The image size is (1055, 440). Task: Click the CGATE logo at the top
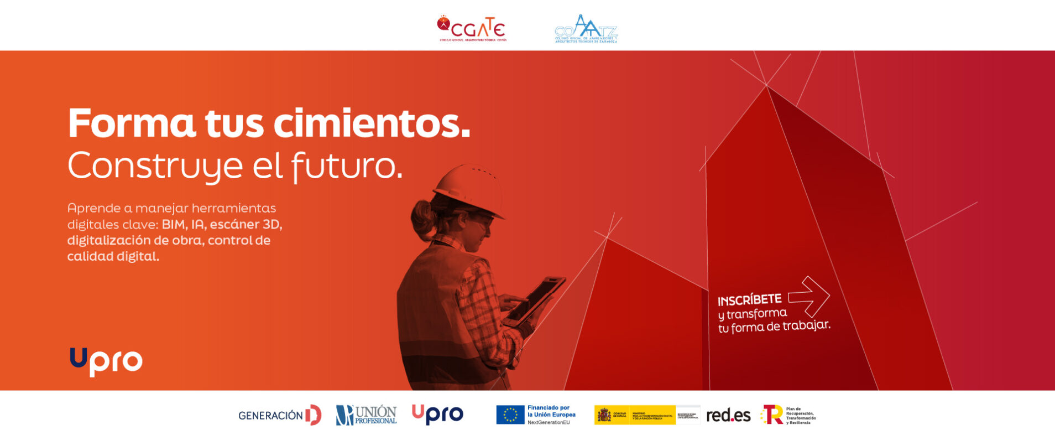472,28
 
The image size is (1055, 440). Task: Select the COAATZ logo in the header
586,29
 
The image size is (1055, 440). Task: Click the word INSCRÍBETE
749,300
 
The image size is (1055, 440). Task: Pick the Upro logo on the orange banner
106,361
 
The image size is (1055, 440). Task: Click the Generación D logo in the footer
279,415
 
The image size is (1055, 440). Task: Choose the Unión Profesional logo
366,415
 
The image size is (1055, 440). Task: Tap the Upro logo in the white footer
437,415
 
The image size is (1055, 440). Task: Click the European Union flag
510,415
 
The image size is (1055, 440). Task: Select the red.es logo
728,415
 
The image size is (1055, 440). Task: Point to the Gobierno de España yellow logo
635,415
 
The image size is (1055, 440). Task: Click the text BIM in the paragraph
174,225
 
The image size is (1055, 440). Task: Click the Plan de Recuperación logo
788,415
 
